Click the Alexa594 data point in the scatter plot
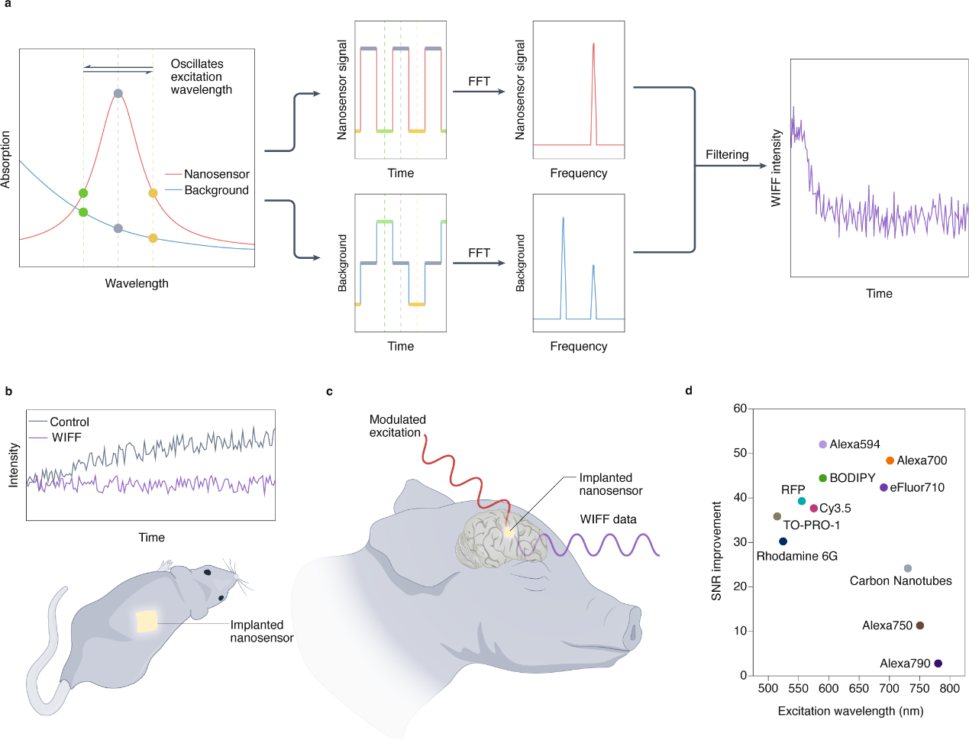coord(822,444)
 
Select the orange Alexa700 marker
coord(890,460)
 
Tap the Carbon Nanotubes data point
coord(907,569)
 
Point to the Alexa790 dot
coord(938,664)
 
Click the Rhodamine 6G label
coord(796,556)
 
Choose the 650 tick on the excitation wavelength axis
coord(858,688)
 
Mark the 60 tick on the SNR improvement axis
coord(740,409)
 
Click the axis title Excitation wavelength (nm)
coord(850,711)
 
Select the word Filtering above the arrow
coord(726,155)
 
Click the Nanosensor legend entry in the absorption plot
coord(216,174)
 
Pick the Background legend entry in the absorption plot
coord(216,190)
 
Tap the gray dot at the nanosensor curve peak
coord(118,94)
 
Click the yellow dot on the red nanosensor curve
coord(153,193)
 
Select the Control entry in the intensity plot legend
coord(69,422)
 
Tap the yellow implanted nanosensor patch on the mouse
coord(147,621)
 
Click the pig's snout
coord(631,627)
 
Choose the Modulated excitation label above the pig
coord(397,426)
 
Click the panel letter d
coord(689,391)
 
